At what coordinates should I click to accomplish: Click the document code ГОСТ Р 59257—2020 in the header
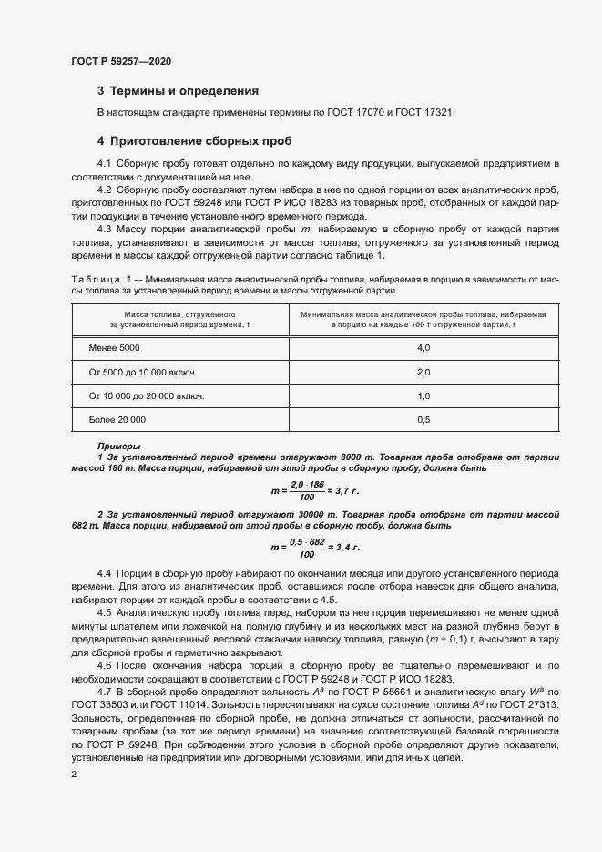point(120,61)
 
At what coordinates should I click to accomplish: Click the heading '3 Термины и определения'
point(178,91)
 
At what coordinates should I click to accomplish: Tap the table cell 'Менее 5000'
point(115,349)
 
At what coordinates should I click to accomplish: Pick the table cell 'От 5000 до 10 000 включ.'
point(143,373)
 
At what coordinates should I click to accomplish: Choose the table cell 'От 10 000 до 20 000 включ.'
point(147,396)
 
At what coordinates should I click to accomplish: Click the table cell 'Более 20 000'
point(117,419)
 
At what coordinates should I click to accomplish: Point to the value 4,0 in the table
point(423,349)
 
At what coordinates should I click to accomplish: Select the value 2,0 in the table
point(423,373)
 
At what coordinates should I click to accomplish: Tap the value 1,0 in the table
point(423,396)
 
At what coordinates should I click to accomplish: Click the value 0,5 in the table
point(423,419)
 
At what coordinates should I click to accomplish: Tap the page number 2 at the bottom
point(74,774)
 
